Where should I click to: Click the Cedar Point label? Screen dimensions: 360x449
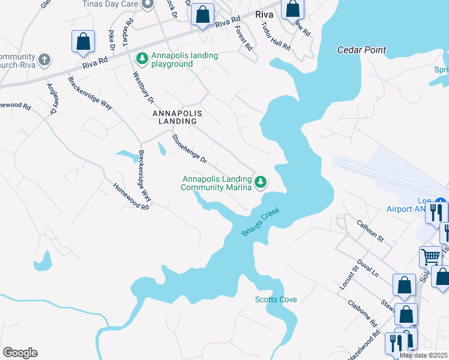click(x=361, y=50)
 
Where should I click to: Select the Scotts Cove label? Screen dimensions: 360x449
click(x=276, y=299)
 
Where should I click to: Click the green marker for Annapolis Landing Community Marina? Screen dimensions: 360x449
click(x=260, y=181)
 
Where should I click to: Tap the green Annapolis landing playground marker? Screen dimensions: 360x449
click(x=142, y=58)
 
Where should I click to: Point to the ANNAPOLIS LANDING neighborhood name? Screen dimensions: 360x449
click(x=175, y=117)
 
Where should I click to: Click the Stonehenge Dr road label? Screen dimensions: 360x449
click(x=189, y=149)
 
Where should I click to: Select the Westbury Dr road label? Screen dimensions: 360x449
click(x=143, y=87)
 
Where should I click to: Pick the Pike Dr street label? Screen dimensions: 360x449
click(x=111, y=40)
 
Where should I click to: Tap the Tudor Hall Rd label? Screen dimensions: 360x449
click(x=276, y=37)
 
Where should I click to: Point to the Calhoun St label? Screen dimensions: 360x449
click(x=370, y=229)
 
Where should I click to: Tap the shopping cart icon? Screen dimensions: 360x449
click(x=430, y=256)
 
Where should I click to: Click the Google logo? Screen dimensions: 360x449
click(x=20, y=353)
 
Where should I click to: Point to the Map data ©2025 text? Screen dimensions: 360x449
click(x=424, y=355)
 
